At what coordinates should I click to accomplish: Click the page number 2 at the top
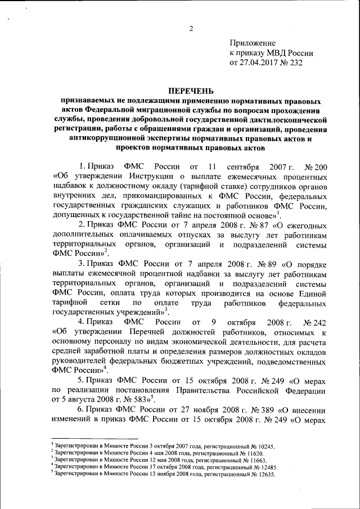click(x=191, y=29)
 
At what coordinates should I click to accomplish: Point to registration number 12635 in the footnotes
click(x=262, y=473)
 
